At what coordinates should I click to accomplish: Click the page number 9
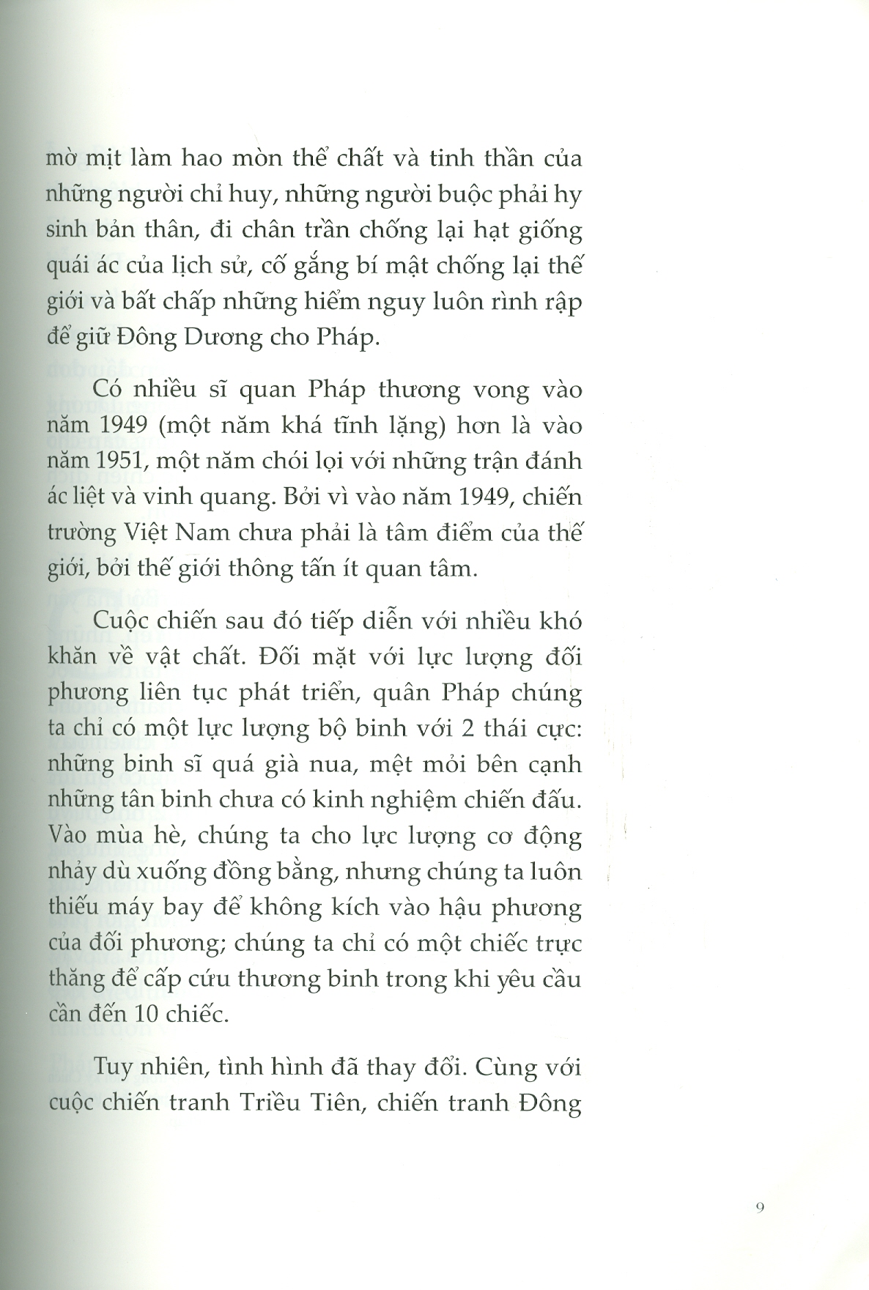[759, 1208]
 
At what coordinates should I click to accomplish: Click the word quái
[69, 267]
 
